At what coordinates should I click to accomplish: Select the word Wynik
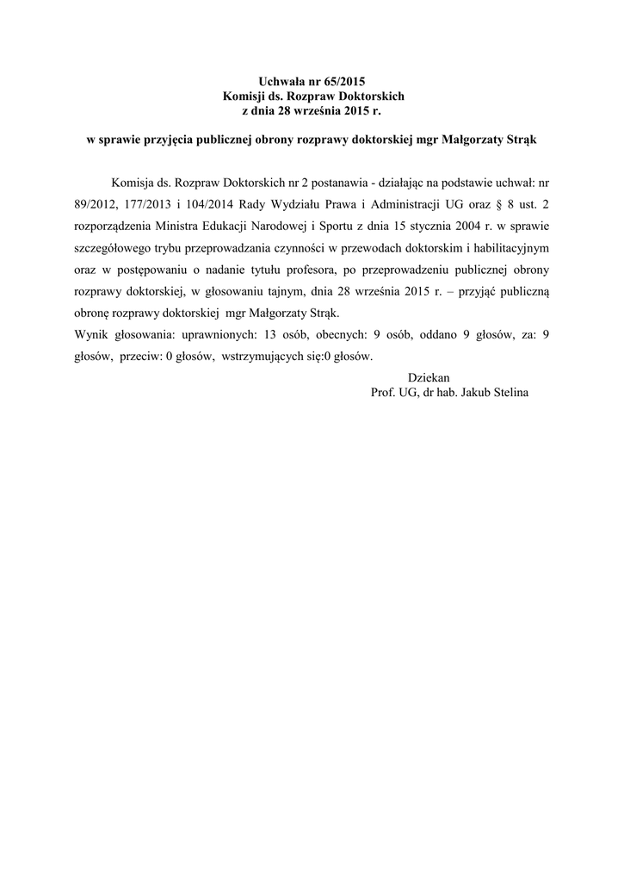pyautogui.click(x=93, y=335)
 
